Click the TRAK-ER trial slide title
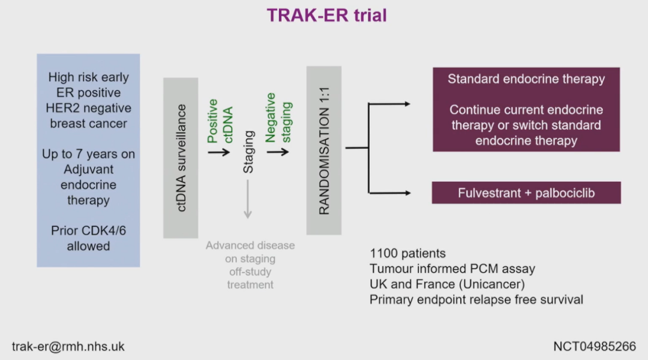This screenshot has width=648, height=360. [326, 15]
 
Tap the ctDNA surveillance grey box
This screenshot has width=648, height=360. [181, 157]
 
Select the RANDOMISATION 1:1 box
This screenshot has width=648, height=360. [324, 150]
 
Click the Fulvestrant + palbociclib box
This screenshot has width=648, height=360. [526, 193]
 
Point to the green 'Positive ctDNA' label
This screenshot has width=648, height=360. [220, 120]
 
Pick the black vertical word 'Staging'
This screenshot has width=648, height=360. [248, 152]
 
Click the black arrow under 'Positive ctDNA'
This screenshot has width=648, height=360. [219, 151]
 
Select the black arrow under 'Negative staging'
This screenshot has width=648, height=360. [278, 151]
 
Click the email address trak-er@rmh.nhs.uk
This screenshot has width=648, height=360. [68, 346]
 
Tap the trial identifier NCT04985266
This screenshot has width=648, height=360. [595, 346]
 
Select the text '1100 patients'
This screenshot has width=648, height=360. [407, 253]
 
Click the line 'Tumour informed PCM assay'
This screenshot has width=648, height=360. [452, 268]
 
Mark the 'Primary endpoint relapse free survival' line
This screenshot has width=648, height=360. [476, 299]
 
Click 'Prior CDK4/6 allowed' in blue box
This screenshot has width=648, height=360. [88, 238]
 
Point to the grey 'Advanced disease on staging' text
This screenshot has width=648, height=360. [250, 252]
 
